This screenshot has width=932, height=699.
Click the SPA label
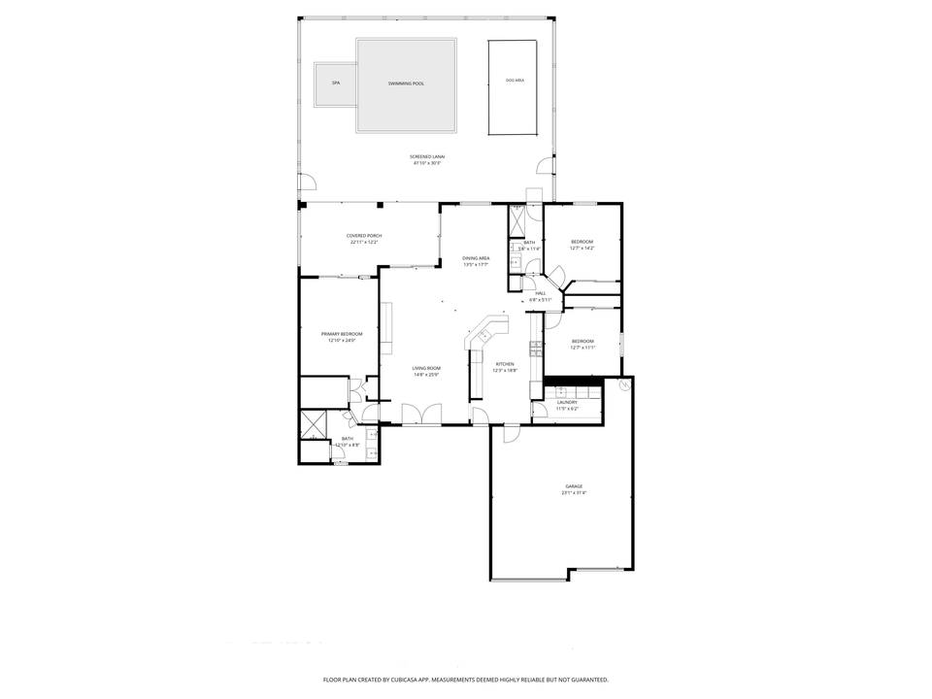click(336, 83)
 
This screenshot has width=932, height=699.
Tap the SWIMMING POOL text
click(406, 83)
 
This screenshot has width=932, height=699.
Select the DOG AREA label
click(515, 80)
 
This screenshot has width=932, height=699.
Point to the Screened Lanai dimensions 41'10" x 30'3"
click(427, 163)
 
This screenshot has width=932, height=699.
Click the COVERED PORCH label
click(364, 236)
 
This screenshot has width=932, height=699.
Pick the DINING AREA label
click(476, 257)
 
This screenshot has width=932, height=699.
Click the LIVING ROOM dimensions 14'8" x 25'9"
click(426, 375)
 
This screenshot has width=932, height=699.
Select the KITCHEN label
click(505, 363)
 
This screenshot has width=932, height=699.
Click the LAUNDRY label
click(567, 402)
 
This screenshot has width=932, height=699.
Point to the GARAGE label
click(574, 486)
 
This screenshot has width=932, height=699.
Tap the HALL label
click(541, 293)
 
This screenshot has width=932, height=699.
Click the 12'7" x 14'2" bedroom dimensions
click(582, 248)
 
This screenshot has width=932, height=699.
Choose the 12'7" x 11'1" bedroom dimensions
click(582, 348)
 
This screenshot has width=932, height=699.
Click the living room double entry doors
click(422, 415)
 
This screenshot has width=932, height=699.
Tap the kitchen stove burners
click(534, 347)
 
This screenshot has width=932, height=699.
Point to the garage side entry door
click(510, 434)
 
